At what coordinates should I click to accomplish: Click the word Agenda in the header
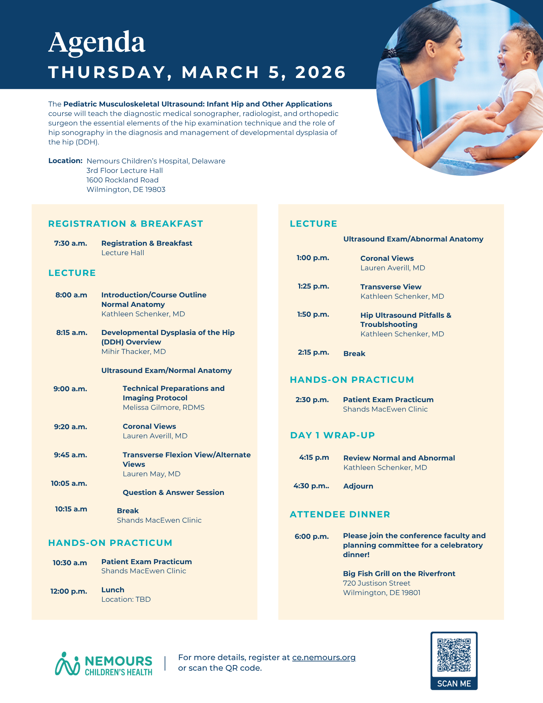[x=97, y=42]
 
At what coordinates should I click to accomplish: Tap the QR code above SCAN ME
[x=454, y=655]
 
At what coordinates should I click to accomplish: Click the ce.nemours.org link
[x=324, y=657]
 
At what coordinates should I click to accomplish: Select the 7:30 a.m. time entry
[x=71, y=243]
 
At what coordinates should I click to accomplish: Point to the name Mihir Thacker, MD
[x=134, y=351]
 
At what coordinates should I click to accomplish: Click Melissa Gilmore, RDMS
[x=163, y=407]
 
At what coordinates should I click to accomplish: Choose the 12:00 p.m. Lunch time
[x=69, y=591]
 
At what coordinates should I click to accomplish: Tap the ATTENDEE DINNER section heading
[x=340, y=514]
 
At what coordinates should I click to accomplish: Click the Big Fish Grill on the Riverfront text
[x=399, y=574]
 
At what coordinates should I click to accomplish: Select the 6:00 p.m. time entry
[x=312, y=536]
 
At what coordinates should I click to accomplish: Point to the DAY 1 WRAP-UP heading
[x=332, y=435]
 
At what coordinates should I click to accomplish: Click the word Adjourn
[x=358, y=486]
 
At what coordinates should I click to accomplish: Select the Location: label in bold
[x=65, y=161]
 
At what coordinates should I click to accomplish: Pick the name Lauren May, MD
[x=151, y=474]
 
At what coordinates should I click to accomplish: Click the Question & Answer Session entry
[x=173, y=492]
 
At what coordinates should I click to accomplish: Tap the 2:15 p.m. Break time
[x=313, y=352]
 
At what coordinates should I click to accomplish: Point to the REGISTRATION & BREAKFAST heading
[x=125, y=224]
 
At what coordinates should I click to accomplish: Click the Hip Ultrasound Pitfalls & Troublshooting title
[x=406, y=320]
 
